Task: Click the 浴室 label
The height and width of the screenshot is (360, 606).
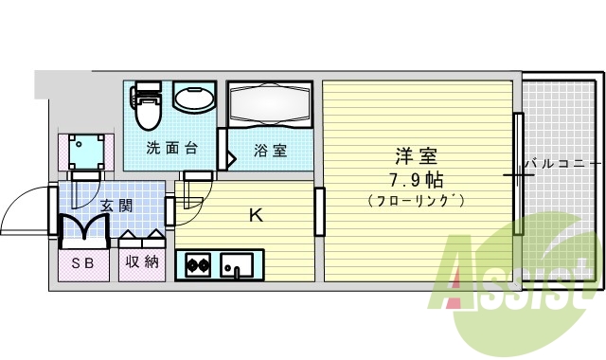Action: click(x=270, y=150)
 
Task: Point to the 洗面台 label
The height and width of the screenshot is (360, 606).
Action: click(x=171, y=149)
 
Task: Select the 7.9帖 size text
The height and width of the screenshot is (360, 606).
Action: click(x=416, y=178)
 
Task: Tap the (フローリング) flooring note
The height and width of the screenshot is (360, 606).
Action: click(x=416, y=200)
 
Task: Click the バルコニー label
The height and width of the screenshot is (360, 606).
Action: click(x=561, y=162)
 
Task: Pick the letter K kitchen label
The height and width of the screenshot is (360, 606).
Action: click(x=256, y=215)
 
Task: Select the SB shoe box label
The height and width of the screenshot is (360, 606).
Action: click(x=82, y=263)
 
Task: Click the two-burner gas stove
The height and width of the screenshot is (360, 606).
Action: click(x=199, y=264)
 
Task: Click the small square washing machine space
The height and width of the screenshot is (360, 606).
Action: click(x=87, y=149)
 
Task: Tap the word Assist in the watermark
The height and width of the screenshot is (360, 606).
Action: click(x=516, y=284)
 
